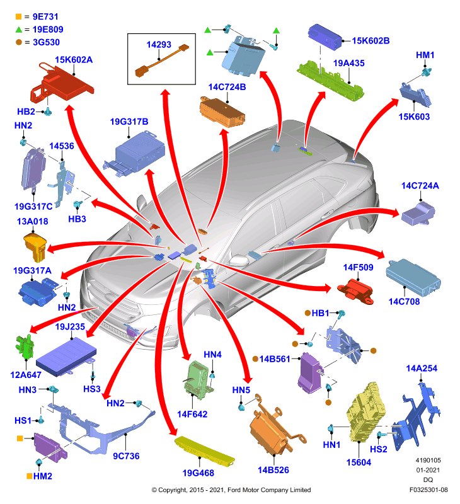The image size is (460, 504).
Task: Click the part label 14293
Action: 159,45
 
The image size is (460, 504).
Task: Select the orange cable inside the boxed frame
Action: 162,60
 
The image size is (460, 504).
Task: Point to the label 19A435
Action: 348,63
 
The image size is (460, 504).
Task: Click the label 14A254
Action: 422,369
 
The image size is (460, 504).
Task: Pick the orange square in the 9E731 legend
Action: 19,16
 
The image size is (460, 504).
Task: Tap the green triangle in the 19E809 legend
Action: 19,30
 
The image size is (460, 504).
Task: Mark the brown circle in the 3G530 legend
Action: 19,42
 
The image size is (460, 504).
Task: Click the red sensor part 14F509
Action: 355,291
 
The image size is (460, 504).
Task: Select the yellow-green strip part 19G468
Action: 205,450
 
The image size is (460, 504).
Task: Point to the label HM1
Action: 425,55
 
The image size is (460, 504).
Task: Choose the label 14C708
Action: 404,302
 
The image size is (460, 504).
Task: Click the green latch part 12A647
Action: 25,346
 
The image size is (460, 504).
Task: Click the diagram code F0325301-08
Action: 428,490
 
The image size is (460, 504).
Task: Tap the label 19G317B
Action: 129,122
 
